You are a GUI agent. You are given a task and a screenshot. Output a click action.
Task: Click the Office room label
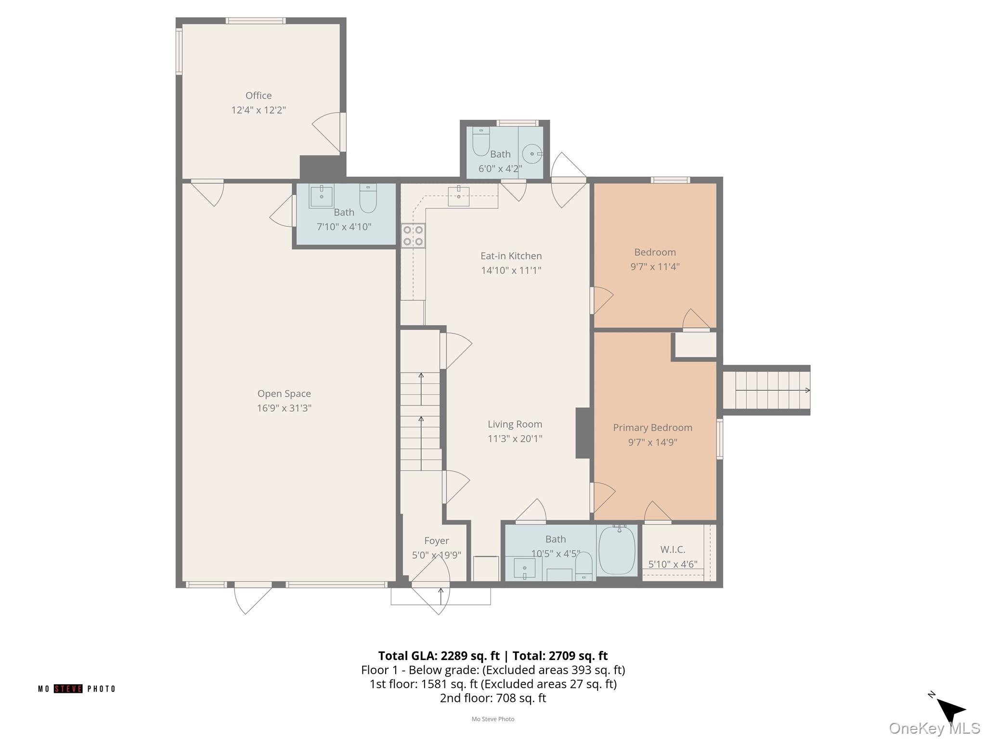[259, 95]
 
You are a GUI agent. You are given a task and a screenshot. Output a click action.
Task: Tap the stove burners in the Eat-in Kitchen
[414, 236]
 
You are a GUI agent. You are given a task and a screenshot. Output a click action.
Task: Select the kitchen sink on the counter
[459, 196]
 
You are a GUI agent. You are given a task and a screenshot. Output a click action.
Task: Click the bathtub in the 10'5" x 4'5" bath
[617, 549]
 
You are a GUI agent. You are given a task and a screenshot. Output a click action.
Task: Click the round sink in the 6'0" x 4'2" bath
[532, 154]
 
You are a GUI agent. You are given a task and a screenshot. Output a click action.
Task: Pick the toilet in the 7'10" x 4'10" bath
[368, 198]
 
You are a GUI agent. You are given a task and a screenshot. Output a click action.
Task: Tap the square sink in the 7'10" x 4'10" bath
[321, 196]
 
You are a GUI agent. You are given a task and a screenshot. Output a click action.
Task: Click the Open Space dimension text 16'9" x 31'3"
[284, 408]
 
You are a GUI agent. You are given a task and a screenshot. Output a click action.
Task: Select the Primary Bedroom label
[652, 428]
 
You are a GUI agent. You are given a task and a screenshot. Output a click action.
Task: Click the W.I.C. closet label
[673, 549]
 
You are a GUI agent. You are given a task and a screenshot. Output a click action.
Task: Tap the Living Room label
[515, 424]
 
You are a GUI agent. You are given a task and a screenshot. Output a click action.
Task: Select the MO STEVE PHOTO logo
[77, 688]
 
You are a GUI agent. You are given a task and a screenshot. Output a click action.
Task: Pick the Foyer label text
[437, 541]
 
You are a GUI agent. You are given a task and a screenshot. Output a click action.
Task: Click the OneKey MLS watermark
[934, 728]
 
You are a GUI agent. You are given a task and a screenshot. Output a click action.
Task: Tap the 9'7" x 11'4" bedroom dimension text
[655, 267]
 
